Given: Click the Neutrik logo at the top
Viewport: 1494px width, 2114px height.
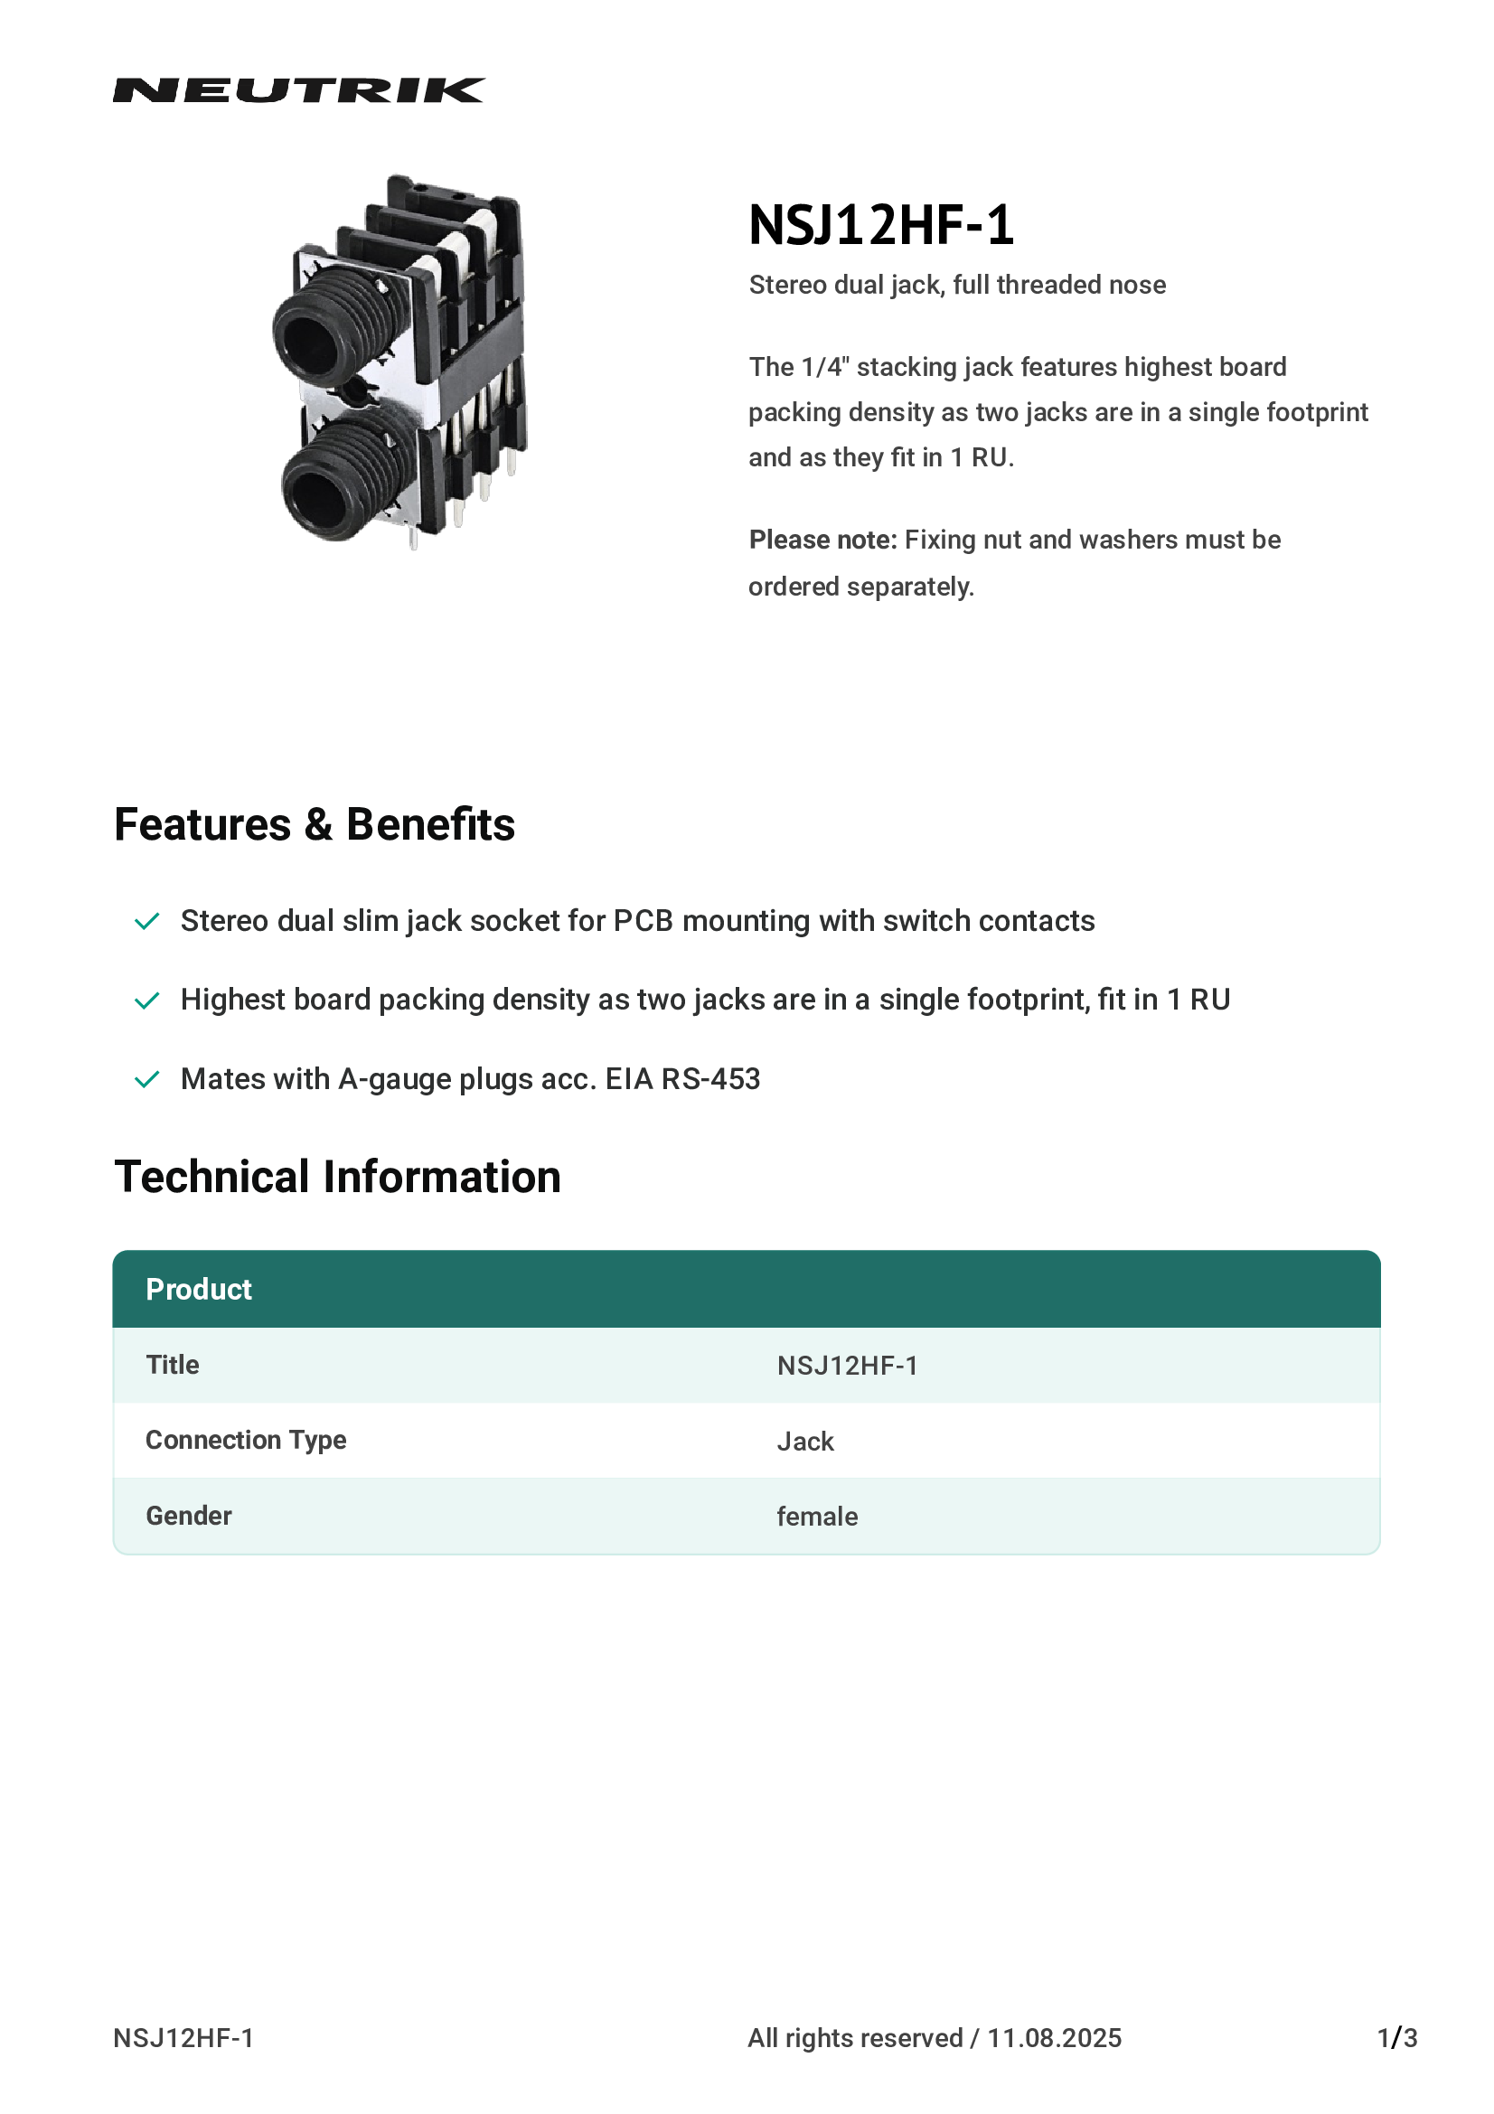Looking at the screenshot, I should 298,90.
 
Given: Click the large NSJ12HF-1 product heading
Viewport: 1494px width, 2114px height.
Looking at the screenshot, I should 881,225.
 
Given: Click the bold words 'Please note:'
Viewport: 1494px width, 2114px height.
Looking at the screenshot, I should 822,540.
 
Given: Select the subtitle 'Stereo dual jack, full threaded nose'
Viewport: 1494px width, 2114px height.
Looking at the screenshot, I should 956,285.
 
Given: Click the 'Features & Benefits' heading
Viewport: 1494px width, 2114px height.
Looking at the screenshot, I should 314,824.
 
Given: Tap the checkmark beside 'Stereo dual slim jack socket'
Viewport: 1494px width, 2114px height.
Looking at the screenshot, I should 147,922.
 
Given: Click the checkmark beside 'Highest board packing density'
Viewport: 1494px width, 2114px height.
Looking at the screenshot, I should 147,1001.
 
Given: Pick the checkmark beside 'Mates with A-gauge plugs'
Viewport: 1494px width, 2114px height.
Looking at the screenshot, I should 147,1079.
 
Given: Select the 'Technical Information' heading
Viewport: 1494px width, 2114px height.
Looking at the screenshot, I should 337,1177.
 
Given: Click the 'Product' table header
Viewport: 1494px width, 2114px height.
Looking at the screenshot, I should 199,1289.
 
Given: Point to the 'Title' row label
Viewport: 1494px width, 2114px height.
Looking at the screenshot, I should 172,1365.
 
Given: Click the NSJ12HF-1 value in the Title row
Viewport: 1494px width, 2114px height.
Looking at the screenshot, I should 847,1366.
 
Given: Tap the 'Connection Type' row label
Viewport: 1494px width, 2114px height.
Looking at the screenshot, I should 246,1440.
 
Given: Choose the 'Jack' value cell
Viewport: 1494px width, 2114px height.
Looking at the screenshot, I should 804,1442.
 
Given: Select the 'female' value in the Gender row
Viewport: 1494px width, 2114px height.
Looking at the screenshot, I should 816,1517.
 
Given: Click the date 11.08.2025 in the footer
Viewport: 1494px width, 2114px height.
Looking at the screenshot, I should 1054,2038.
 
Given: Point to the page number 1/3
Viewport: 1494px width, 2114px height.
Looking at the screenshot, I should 1396,2038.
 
